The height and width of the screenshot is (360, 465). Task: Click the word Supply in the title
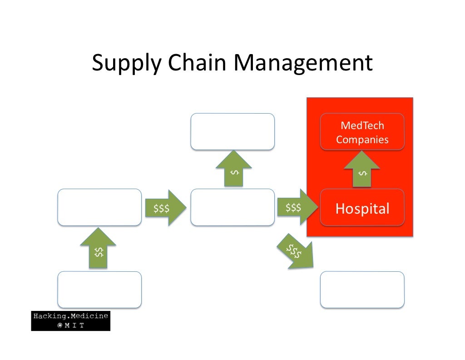[127, 63]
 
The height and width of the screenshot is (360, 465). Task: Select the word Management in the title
[303, 63]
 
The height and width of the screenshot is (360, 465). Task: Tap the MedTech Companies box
[362, 131]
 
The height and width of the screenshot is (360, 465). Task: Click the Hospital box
[362, 207]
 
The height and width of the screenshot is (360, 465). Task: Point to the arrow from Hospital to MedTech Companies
[362, 169]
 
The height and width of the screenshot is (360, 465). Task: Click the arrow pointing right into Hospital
[297, 207]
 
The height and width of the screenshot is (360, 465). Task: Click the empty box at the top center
[232, 131]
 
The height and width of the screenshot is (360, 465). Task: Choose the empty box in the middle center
[232, 207]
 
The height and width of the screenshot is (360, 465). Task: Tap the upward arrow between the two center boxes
[234, 168]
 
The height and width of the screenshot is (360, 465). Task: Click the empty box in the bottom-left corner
[99, 290]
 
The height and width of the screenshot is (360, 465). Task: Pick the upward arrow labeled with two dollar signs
[98, 248]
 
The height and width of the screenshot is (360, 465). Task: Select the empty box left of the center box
[99, 207]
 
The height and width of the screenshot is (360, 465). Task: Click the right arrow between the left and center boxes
[166, 208]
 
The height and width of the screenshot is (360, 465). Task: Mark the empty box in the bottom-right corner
[362, 290]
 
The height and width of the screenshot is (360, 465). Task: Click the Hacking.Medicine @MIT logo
[70, 321]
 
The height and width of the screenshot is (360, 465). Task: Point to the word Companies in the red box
[362, 140]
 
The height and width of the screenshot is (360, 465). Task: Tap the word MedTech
[362, 125]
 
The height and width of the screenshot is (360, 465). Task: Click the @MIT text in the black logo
[70, 325]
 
